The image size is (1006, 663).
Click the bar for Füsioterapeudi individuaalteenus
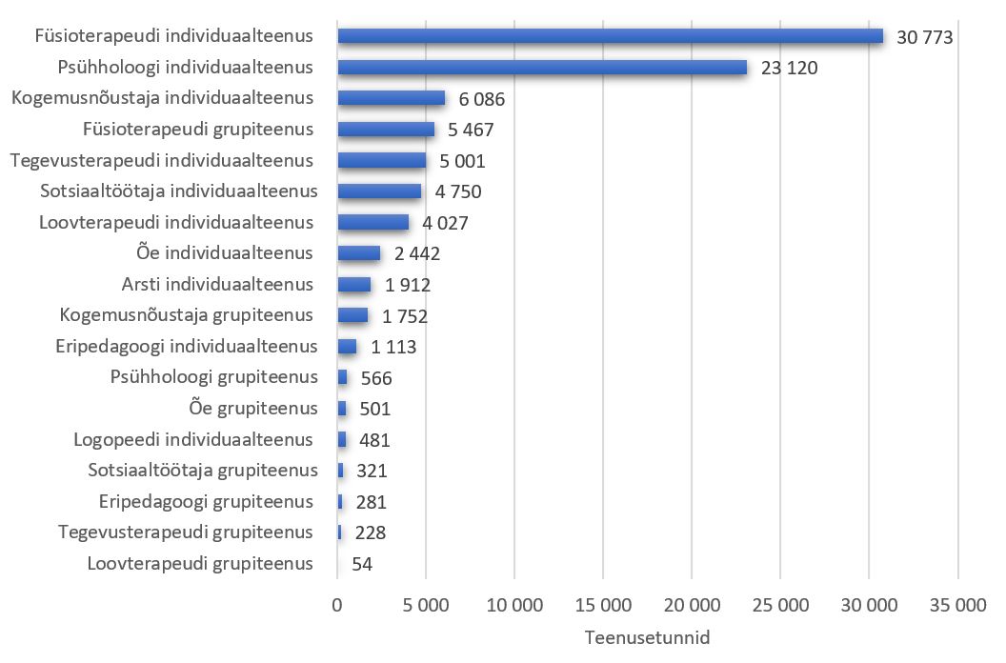tap(610, 36)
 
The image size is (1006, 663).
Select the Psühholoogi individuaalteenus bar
tap(542, 68)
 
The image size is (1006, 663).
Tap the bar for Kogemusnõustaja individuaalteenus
tap(391, 98)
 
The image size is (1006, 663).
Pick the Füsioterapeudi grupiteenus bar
tap(386, 130)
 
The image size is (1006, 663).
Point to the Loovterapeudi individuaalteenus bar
tap(372, 222)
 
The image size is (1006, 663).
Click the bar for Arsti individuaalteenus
tap(353, 284)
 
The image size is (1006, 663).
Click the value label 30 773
tap(925, 37)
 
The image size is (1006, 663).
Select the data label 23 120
tap(790, 69)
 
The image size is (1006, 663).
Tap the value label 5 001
tap(467, 161)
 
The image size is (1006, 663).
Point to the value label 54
tap(361, 564)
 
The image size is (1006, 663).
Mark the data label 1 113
tap(394, 347)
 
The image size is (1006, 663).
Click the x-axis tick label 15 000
tap(602, 606)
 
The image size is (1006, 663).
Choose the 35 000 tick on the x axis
tap(956, 606)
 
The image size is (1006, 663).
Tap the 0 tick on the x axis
tap(337, 606)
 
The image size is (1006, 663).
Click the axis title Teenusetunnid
tap(647, 637)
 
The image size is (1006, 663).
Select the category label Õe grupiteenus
tap(253, 409)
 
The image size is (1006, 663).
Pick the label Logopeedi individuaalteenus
tap(193, 439)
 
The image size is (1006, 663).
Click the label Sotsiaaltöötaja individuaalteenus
tap(179, 191)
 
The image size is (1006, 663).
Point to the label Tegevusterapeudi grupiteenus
tap(186, 532)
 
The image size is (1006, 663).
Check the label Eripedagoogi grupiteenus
tap(206, 501)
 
